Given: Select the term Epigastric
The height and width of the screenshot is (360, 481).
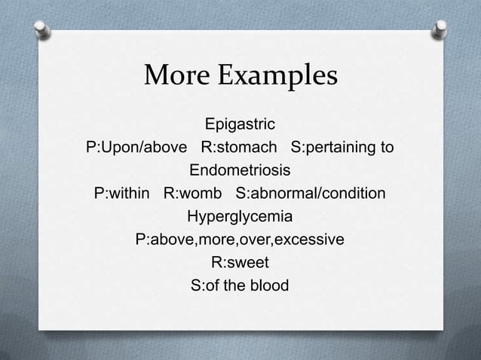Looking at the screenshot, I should click(x=240, y=123).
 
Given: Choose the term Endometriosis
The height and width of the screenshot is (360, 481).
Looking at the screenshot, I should click(x=240, y=169).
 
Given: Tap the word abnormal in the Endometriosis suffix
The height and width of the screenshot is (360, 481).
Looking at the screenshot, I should click(x=286, y=193).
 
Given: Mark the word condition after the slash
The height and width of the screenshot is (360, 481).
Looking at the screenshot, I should click(x=354, y=193).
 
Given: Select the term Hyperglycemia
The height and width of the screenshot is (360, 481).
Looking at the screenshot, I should click(x=240, y=217).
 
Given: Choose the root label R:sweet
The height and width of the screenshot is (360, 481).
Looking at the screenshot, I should click(x=240, y=263).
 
